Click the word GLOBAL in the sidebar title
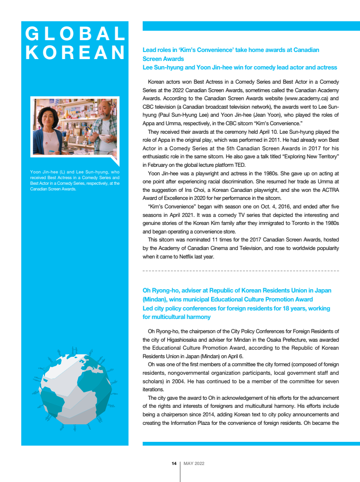click(x=75, y=34)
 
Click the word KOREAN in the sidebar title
click(x=75, y=53)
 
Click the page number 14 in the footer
click(x=174, y=464)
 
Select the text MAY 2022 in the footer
click(x=194, y=464)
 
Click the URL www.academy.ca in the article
click(x=307, y=99)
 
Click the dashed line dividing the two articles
click(x=240, y=271)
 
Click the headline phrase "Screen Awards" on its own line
click(x=163, y=59)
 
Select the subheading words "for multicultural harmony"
click(x=177, y=317)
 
